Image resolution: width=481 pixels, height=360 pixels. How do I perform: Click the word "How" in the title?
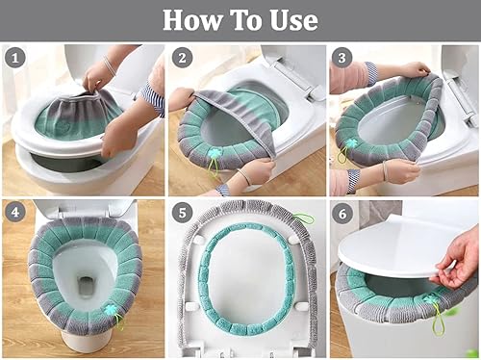[x=192, y=20]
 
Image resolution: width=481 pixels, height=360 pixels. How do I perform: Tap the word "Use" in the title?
[x=293, y=20]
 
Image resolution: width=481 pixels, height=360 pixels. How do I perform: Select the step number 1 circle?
[x=15, y=58]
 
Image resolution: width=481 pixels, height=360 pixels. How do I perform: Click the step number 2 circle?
[x=182, y=58]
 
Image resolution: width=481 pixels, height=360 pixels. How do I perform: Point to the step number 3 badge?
[x=342, y=58]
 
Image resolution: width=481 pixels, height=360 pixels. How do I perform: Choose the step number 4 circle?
[x=15, y=212]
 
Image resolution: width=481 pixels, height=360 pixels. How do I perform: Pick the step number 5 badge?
[x=182, y=213]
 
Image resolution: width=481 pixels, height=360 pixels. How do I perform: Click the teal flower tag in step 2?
[x=213, y=154]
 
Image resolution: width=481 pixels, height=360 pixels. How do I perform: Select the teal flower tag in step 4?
[x=111, y=310]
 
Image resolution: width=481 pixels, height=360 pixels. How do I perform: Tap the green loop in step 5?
[x=302, y=219]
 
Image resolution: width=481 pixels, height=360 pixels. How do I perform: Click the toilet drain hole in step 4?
[x=85, y=287]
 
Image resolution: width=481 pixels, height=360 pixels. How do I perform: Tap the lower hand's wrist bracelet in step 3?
[x=385, y=171]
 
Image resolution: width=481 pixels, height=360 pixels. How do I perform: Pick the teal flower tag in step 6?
[x=429, y=300]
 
